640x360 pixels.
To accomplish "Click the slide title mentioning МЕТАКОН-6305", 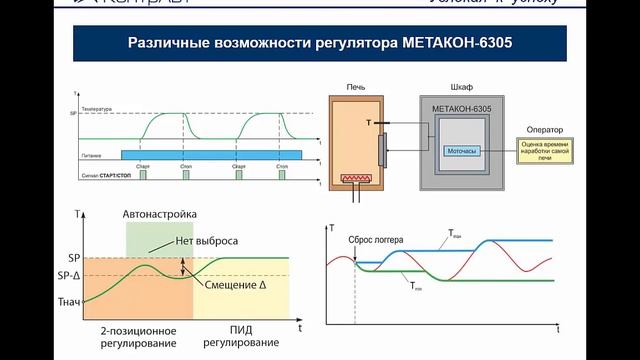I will [x=319, y=44].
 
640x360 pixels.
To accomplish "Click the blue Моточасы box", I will [x=461, y=151].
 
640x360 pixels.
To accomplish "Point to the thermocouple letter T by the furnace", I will [x=369, y=123].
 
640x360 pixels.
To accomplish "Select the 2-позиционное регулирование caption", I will [x=139, y=337].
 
